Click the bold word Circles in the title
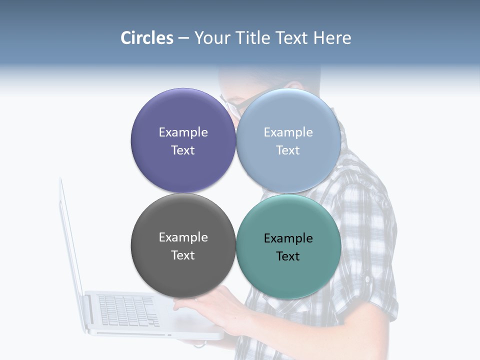(147, 38)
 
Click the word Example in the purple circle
(183, 132)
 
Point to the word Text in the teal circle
(288, 256)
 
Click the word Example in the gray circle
(183, 237)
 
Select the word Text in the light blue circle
(288, 150)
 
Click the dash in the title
(183, 38)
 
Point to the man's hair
(270, 72)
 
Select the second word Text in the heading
(293, 38)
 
